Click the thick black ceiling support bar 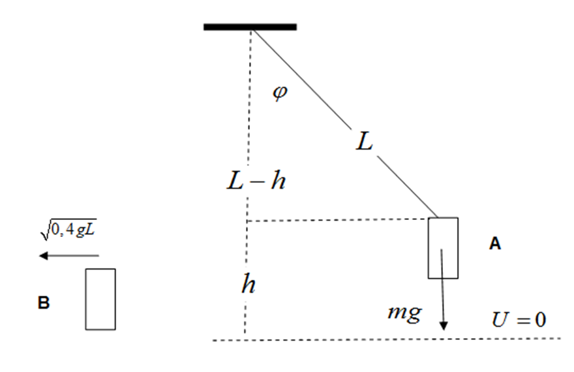250,27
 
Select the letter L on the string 364,142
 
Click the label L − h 256,181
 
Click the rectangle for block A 443,247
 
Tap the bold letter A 495,244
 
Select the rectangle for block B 100,299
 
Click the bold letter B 44,303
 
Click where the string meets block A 437,217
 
